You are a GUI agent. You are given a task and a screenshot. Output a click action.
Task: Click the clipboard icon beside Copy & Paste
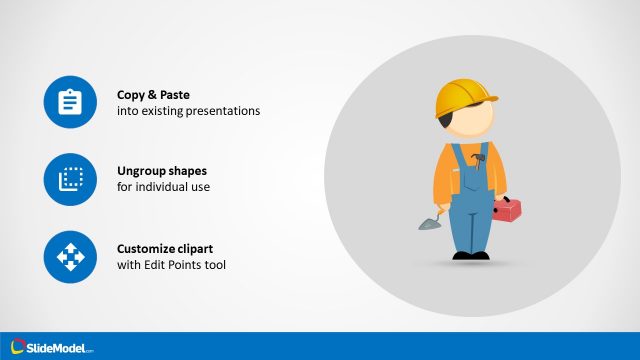pos(69,102)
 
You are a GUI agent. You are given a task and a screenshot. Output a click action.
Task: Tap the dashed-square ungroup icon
pos(69,180)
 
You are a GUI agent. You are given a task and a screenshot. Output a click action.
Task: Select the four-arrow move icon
pos(69,257)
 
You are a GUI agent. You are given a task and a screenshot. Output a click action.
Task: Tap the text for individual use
pos(164,188)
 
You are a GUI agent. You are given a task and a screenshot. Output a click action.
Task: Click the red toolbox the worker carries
pos(506,210)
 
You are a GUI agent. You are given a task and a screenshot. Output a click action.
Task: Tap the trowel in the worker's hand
pos(425,221)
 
